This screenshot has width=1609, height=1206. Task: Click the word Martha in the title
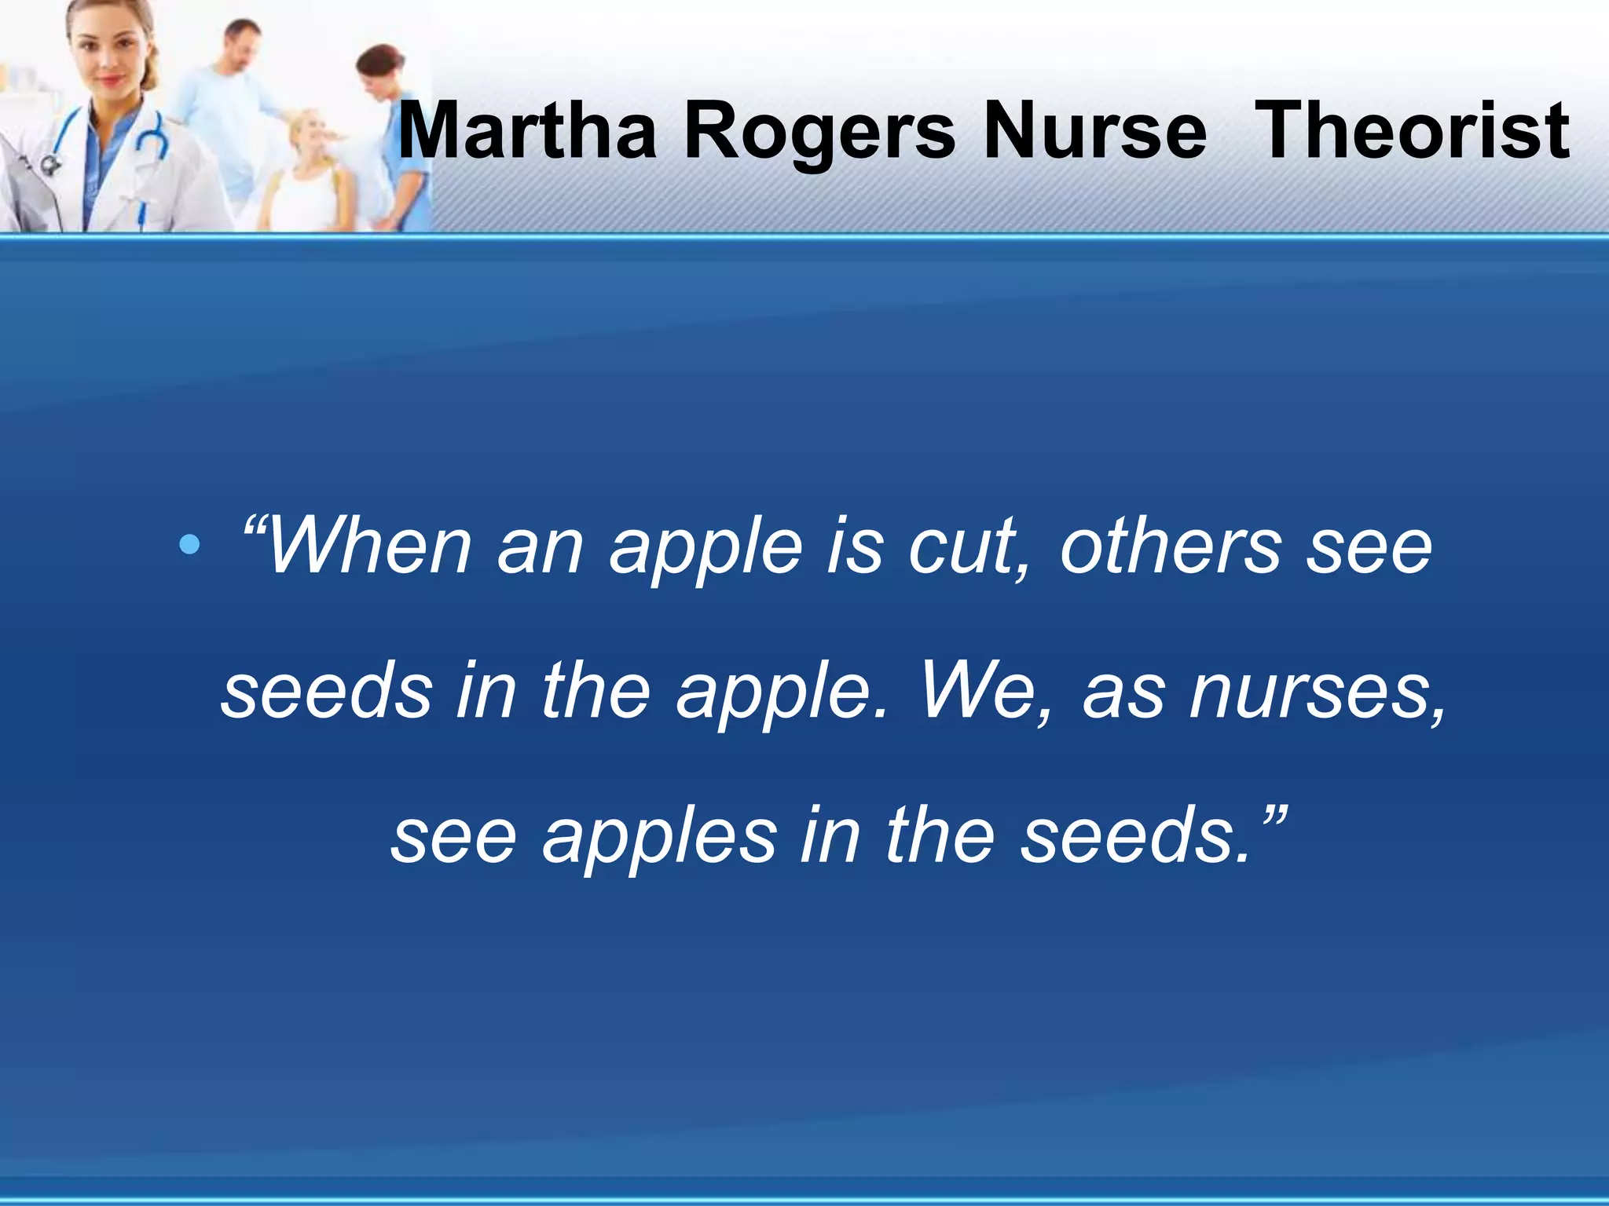[527, 130]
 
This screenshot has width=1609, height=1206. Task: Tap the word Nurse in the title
[1094, 130]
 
